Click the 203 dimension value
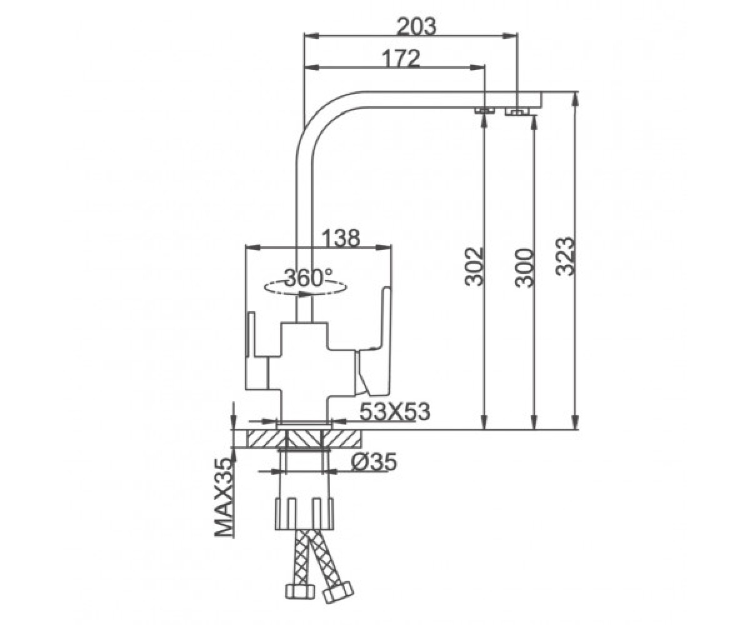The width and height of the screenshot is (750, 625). pos(417,26)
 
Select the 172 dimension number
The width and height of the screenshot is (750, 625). pos(401,58)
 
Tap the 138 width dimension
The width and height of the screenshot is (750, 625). pos(340,237)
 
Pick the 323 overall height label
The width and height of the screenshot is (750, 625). pos(564,256)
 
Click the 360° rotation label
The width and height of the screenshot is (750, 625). pos(308,277)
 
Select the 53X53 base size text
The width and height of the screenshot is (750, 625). pos(394,412)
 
